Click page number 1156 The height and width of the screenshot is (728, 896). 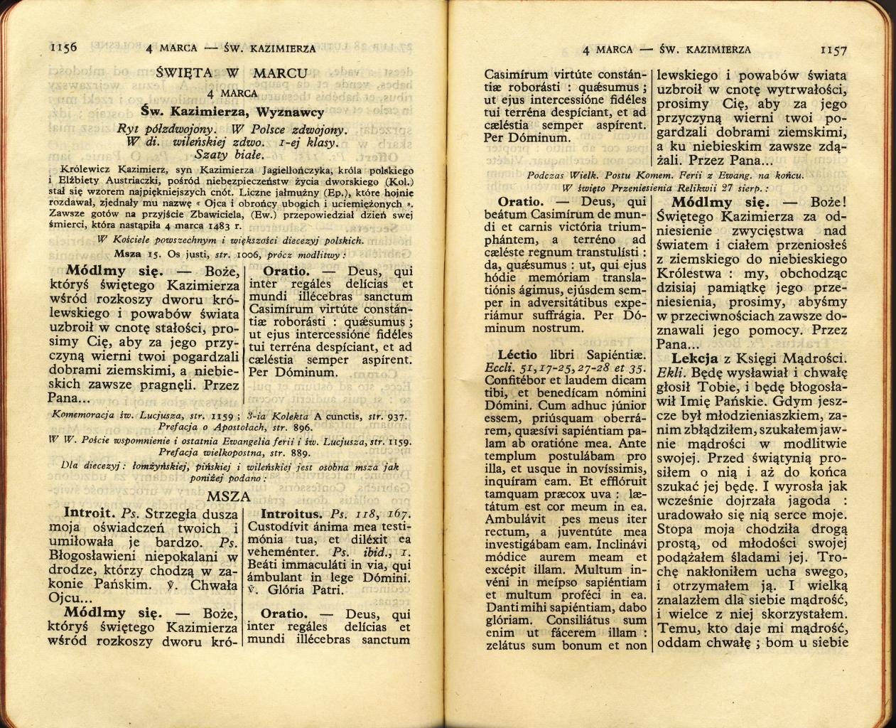pos(63,48)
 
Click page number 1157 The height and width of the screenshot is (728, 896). pos(833,50)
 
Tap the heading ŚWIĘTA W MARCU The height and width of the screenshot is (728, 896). pos(232,73)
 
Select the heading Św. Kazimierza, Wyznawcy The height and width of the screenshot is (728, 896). pos(232,112)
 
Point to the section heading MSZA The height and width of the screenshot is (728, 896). pos(231,497)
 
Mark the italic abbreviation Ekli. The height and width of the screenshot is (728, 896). pos(670,372)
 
